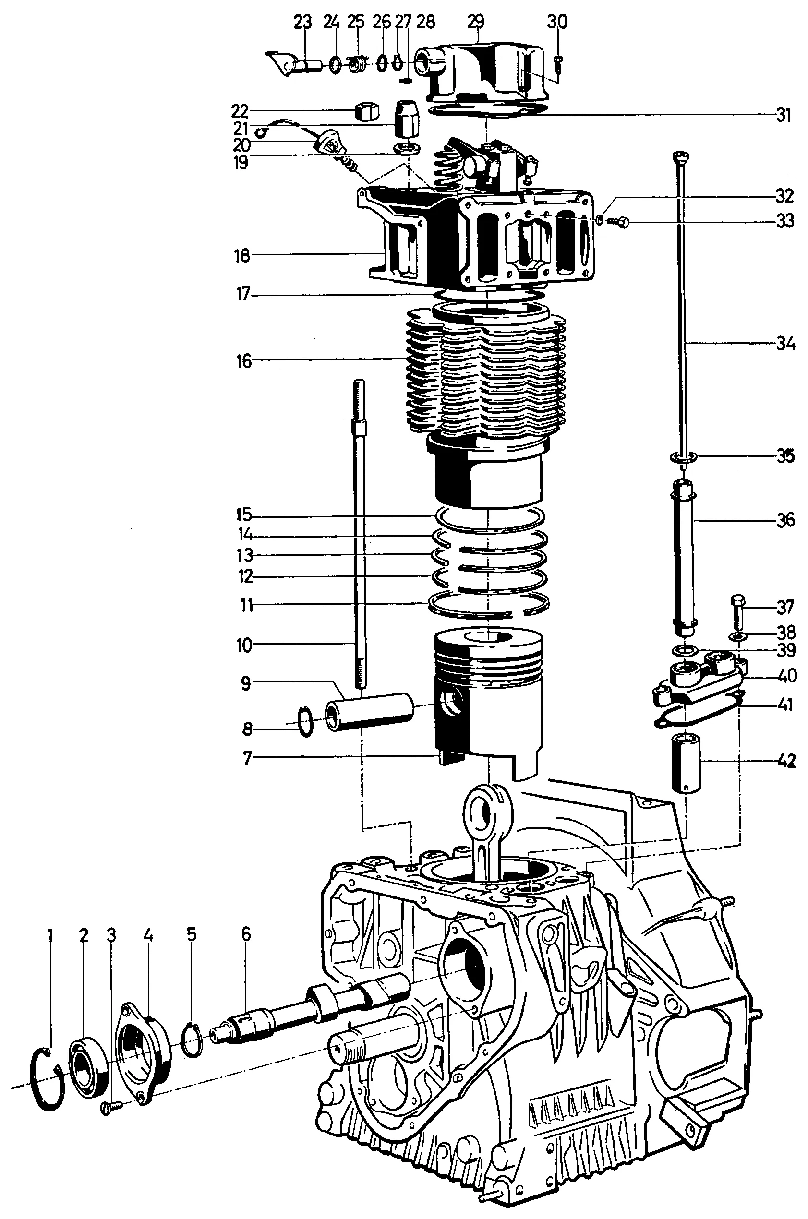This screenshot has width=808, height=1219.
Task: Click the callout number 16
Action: (x=244, y=361)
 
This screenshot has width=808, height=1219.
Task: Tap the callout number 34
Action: (x=785, y=344)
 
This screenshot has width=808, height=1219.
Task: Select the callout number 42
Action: (x=786, y=761)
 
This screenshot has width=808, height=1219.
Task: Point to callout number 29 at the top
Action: (x=476, y=22)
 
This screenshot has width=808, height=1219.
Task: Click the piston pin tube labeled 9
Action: (x=370, y=711)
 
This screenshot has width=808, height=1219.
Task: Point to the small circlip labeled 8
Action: (x=306, y=721)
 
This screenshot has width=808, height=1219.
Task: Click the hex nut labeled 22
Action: (x=366, y=111)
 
